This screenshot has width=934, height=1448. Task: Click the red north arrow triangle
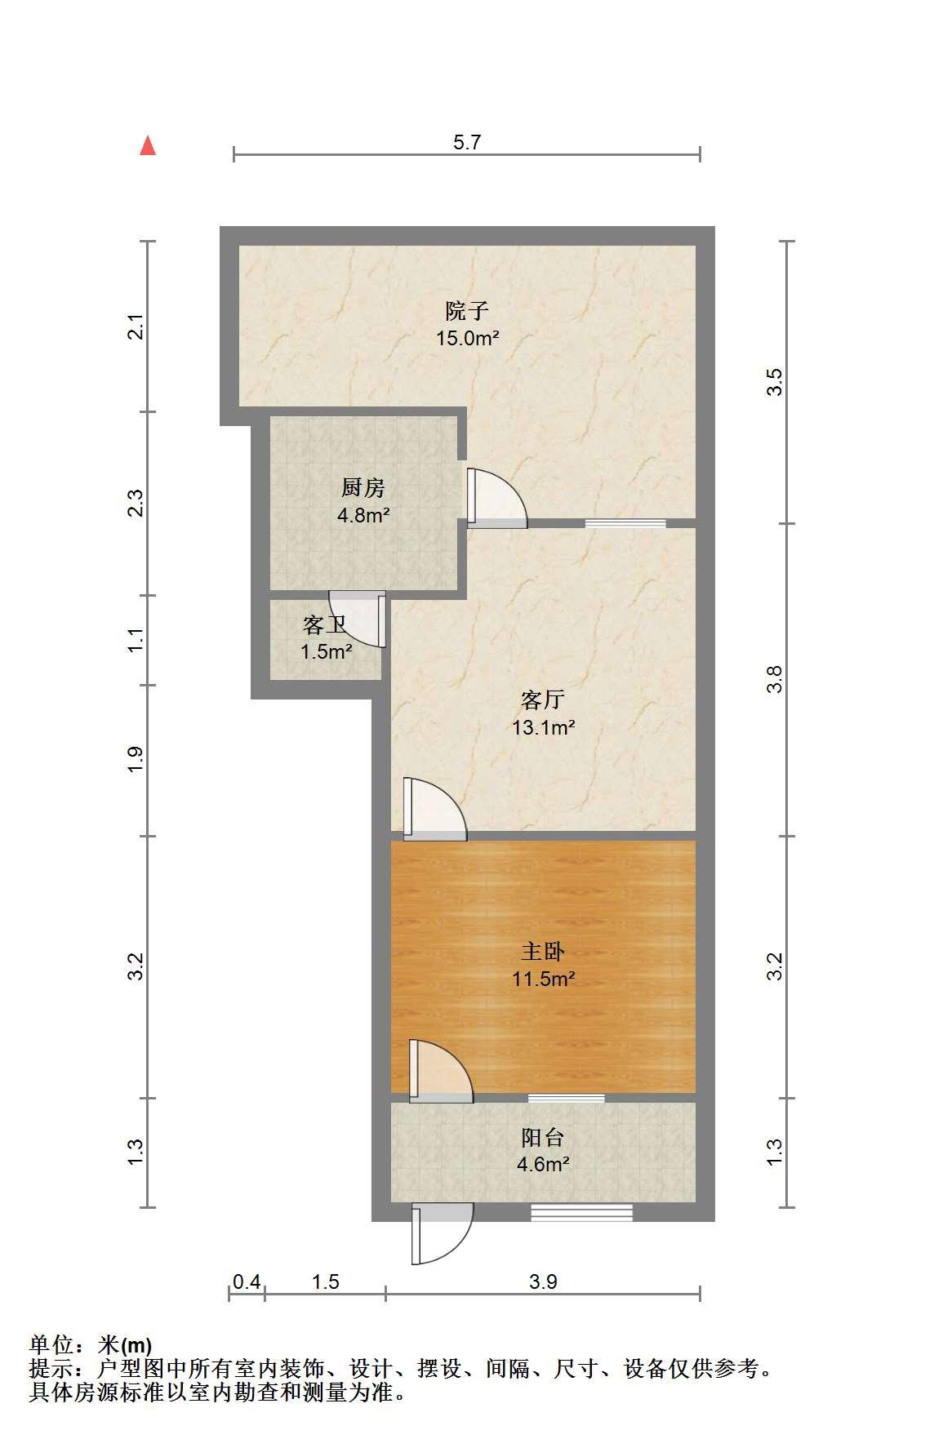point(148,145)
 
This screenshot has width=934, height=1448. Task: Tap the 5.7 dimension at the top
point(467,142)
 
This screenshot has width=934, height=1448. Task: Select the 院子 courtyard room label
point(467,311)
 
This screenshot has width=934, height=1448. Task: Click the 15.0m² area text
point(467,338)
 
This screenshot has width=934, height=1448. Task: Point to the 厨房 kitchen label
point(362,488)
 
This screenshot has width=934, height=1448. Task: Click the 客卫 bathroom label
point(324,625)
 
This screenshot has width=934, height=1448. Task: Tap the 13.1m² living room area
point(544,726)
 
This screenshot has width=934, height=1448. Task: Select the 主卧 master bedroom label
point(543,951)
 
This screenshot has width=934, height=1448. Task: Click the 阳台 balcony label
point(543,1137)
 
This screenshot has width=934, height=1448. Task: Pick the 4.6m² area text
point(543,1164)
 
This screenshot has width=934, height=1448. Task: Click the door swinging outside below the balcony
point(442,1233)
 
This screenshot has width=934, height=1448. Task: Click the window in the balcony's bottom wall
point(582,1213)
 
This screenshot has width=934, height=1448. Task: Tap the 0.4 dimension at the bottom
point(247,1282)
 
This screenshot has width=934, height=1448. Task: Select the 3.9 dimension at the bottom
point(543,1282)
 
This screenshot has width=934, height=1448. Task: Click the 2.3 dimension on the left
point(136,503)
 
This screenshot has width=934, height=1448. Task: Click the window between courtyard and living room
point(625,523)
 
